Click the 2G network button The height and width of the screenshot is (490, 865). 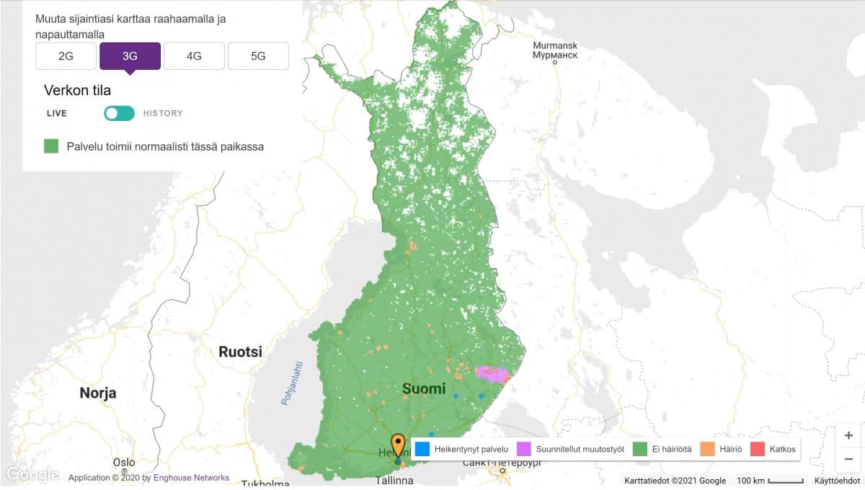(x=66, y=56)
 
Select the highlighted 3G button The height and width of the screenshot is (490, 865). (x=130, y=56)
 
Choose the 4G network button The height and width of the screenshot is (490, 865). (x=194, y=56)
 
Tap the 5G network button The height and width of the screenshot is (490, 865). (x=258, y=56)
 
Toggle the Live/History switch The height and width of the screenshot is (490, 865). (x=119, y=113)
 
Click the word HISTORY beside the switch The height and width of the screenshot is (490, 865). (x=163, y=113)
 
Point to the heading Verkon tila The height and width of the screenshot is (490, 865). (x=77, y=90)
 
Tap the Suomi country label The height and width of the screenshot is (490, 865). (x=424, y=389)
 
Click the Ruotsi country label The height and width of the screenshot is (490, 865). (x=240, y=352)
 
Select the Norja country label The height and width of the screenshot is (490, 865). (x=98, y=393)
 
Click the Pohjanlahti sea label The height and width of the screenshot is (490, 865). (x=291, y=383)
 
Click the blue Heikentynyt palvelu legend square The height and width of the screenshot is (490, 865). (x=422, y=449)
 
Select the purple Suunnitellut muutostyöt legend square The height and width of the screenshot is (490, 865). (x=524, y=449)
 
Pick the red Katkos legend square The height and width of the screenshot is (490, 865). (x=758, y=449)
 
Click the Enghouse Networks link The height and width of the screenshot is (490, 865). (x=191, y=478)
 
